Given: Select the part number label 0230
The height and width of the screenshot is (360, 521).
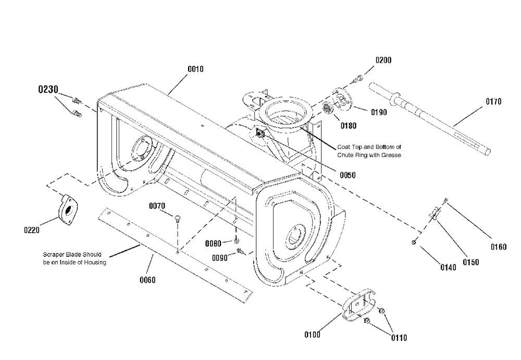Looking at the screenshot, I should tap(48, 90).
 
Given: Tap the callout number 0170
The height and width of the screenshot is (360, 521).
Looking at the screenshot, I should tap(492, 102).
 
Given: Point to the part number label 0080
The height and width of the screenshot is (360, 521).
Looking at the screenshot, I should tap(214, 243).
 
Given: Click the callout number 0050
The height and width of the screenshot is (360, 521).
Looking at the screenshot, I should tap(346, 176).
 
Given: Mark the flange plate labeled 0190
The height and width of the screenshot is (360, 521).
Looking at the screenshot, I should tap(342, 102).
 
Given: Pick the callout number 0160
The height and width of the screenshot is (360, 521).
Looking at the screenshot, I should tap(498, 247).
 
